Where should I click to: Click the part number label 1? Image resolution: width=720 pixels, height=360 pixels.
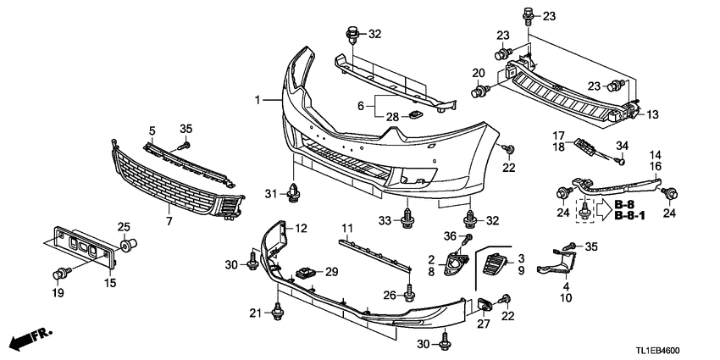(x=258, y=100)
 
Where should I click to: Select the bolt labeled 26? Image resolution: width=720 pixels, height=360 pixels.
(x=409, y=292)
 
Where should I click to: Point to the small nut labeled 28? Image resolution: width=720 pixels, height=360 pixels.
(x=416, y=115)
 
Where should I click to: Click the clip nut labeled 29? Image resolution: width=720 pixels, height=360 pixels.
(x=303, y=273)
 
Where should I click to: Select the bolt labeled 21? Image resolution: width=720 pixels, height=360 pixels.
(x=277, y=313)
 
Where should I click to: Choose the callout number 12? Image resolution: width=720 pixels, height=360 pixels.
(x=301, y=227)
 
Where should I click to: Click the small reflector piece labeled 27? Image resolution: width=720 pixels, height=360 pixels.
(x=485, y=306)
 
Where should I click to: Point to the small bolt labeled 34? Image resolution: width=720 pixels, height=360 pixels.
(x=618, y=161)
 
